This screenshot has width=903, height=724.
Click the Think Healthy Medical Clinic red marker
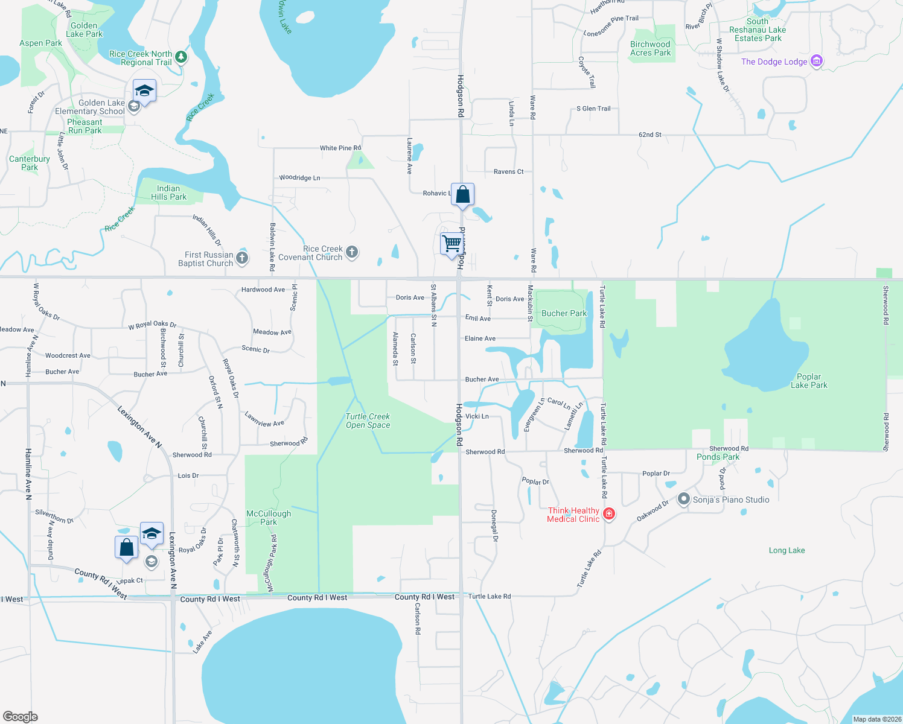tap(609, 513)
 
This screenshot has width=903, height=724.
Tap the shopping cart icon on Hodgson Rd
tap(451, 244)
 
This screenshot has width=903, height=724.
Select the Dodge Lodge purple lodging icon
tap(816, 61)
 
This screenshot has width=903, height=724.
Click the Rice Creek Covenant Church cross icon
tap(352, 252)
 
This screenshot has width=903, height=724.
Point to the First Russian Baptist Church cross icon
tap(242, 258)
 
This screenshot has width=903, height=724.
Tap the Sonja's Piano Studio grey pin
tap(683, 499)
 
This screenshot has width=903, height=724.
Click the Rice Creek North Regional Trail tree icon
tap(180, 57)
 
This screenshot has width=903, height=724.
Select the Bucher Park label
tap(564, 313)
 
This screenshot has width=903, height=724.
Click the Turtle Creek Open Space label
tap(368, 421)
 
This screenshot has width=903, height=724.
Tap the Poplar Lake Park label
tap(809, 381)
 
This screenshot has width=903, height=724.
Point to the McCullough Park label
tap(269, 518)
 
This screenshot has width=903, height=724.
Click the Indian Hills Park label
tap(168, 192)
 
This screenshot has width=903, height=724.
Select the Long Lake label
tap(787, 550)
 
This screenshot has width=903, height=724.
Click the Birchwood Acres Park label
tap(650, 48)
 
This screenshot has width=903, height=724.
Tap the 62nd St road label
tap(650, 135)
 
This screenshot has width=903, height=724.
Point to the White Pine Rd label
tap(340, 148)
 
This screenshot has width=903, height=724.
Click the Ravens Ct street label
tap(508, 171)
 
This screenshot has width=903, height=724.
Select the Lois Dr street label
tap(188, 475)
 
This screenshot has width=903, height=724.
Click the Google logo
tap(21, 716)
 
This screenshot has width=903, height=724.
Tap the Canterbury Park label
tap(30, 163)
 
